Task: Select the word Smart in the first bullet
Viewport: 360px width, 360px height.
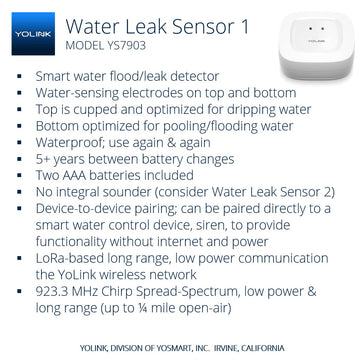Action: point(56,76)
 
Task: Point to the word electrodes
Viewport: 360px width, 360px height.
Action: point(152,92)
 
